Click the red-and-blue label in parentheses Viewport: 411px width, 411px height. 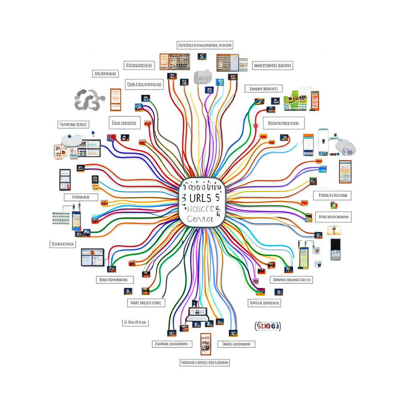click(268, 326)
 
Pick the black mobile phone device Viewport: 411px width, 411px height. click(335, 249)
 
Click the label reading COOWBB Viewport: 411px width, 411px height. click(81, 197)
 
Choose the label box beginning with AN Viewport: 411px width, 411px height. click(333, 217)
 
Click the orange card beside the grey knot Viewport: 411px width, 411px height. click(115, 100)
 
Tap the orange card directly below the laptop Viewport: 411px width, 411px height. click(205, 344)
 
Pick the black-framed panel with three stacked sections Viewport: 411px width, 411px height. click(65, 179)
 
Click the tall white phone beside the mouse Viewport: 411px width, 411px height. click(323, 142)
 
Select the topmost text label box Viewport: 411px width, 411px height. click(205, 45)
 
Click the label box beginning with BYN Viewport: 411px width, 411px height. click(138, 65)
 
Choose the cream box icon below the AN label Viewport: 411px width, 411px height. click(334, 230)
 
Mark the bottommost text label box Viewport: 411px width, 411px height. click(205, 362)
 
